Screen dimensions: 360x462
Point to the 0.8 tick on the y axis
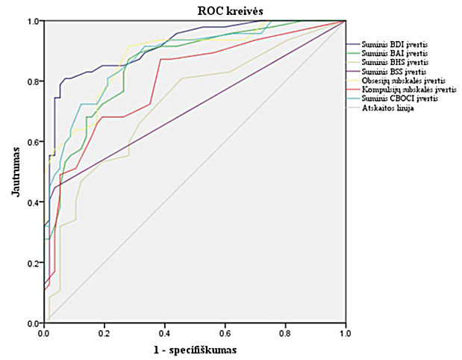[34, 81]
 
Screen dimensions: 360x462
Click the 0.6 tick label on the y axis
[34, 141]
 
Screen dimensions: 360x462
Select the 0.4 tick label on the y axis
[34, 202]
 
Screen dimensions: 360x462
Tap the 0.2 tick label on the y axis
[34, 262]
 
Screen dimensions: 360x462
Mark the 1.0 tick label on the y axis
[34, 21]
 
